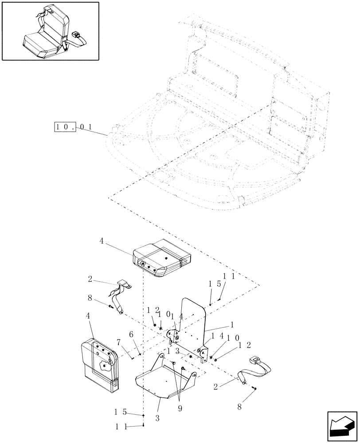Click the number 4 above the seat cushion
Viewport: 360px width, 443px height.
pos(102,241)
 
